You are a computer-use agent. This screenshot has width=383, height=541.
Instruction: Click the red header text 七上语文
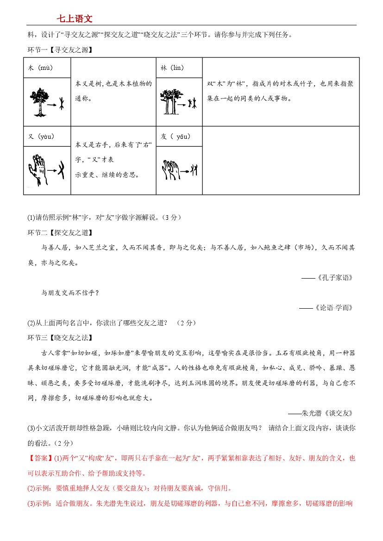pos(75,19)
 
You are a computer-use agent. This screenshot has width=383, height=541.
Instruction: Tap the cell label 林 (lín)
pos(172,68)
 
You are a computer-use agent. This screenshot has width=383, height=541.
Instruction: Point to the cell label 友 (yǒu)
pos(176,137)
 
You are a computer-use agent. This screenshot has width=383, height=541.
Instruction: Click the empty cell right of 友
pos(281,160)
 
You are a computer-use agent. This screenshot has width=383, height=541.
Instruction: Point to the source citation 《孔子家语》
pos(335,278)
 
